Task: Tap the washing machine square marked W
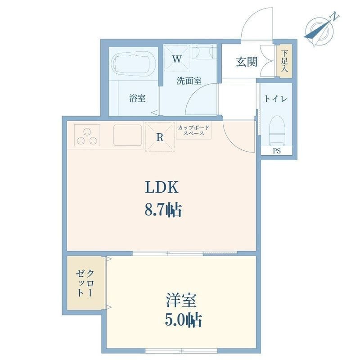(x=177, y=58)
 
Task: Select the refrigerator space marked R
(x=160, y=137)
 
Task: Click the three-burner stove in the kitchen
(x=87, y=135)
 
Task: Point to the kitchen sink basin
(x=128, y=135)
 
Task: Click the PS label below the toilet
(x=277, y=151)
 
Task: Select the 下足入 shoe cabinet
(x=284, y=61)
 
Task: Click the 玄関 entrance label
(x=247, y=62)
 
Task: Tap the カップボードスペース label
(x=194, y=130)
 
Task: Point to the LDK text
(x=162, y=187)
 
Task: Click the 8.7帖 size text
(x=163, y=210)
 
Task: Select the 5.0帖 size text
(x=183, y=320)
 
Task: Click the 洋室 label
(x=181, y=300)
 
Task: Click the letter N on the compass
(x=334, y=17)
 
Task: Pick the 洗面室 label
(x=189, y=81)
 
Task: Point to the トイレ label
(x=276, y=99)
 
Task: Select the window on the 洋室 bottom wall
(x=181, y=351)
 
